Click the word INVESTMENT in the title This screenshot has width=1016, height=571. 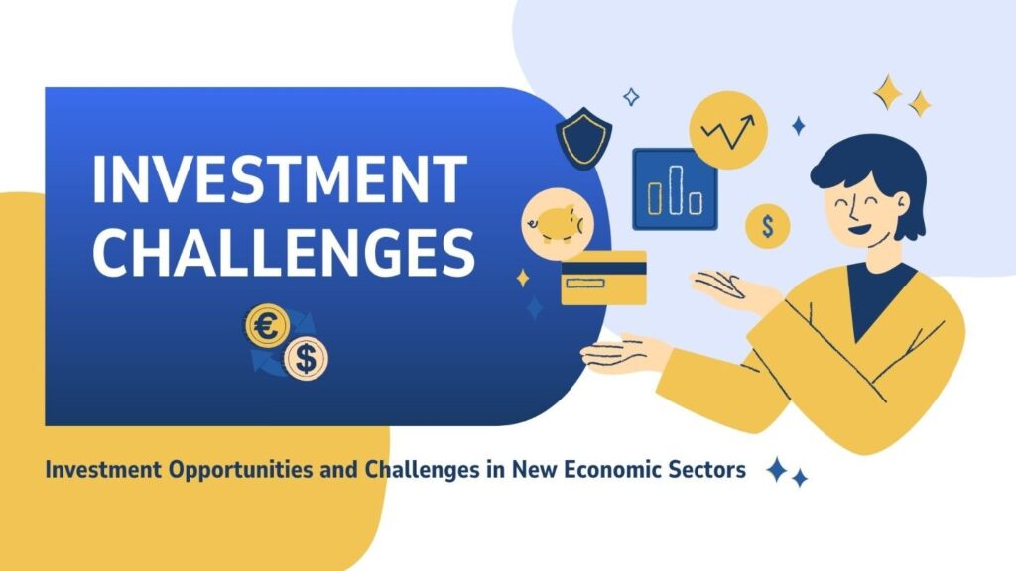click(279, 178)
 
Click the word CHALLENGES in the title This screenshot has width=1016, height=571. click(284, 253)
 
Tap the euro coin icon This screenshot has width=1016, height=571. click(267, 325)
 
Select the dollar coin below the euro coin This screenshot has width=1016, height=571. click(306, 358)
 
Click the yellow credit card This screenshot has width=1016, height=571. click(603, 279)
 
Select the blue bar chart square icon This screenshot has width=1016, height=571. click(675, 189)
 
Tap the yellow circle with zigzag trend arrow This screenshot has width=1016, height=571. click(728, 130)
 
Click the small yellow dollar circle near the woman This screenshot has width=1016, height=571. click(768, 227)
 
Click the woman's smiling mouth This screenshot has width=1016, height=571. click(861, 228)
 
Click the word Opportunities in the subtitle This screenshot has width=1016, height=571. click(241, 469)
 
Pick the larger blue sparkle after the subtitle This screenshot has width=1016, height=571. click(777, 469)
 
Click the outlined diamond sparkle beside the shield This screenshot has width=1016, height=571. click(631, 97)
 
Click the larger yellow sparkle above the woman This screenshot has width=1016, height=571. click(888, 92)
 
